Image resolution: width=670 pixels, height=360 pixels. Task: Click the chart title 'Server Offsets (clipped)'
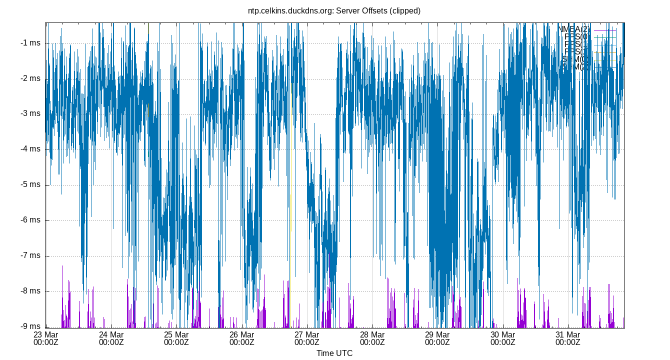tap(334, 10)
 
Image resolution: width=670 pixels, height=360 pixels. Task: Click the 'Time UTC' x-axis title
tap(334, 353)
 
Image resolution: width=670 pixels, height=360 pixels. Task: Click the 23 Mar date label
tap(46, 334)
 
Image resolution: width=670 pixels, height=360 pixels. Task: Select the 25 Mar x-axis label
tap(176, 334)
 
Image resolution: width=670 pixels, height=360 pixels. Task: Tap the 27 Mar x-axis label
tap(307, 334)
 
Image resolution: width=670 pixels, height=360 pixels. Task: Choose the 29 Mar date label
tap(437, 334)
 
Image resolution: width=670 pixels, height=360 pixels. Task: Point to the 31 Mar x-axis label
tap(568, 334)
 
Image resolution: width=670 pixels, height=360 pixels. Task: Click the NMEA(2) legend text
tap(574, 29)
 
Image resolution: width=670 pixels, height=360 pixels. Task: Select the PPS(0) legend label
tap(576, 37)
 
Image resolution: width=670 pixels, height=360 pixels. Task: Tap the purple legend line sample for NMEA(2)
tap(605, 29)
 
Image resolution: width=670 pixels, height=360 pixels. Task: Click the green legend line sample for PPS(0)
tap(605, 37)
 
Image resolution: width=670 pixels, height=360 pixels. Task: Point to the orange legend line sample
tap(605, 52)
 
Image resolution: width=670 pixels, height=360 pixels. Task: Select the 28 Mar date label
tap(372, 334)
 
